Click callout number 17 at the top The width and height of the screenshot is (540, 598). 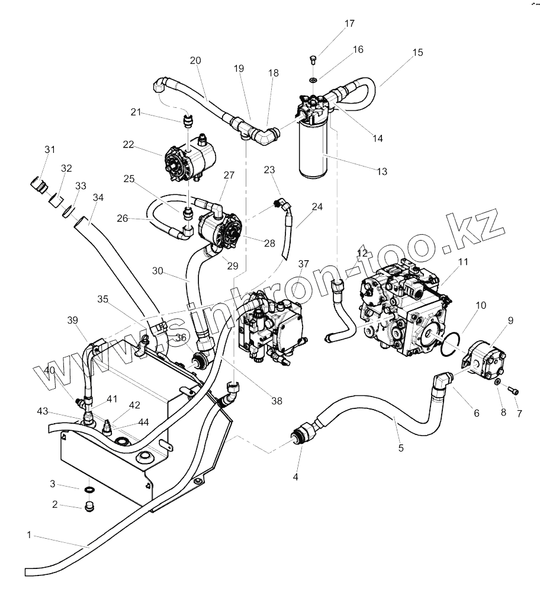[349, 24]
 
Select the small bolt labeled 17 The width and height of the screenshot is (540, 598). [313, 59]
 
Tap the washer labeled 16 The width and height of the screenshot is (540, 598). [313, 79]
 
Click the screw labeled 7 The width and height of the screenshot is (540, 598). [514, 391]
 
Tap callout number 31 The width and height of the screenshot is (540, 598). [49, 149]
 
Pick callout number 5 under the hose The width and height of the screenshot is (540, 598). [401, 448]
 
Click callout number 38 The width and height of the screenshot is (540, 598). [277, 401]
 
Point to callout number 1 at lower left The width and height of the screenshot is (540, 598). [28, 535]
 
